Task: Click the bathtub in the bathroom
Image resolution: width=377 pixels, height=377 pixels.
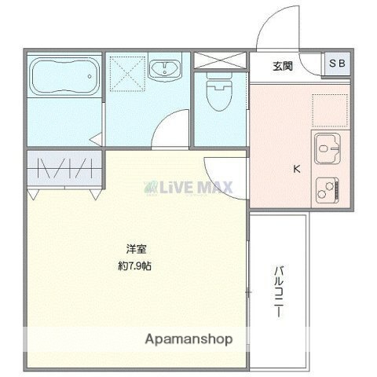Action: coord(65,77)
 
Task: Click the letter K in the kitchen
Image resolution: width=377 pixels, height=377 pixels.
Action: coord(297,167)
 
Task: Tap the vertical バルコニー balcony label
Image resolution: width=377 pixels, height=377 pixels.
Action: coord(279,291)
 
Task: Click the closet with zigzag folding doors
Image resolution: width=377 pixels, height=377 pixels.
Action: coord(66,167)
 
